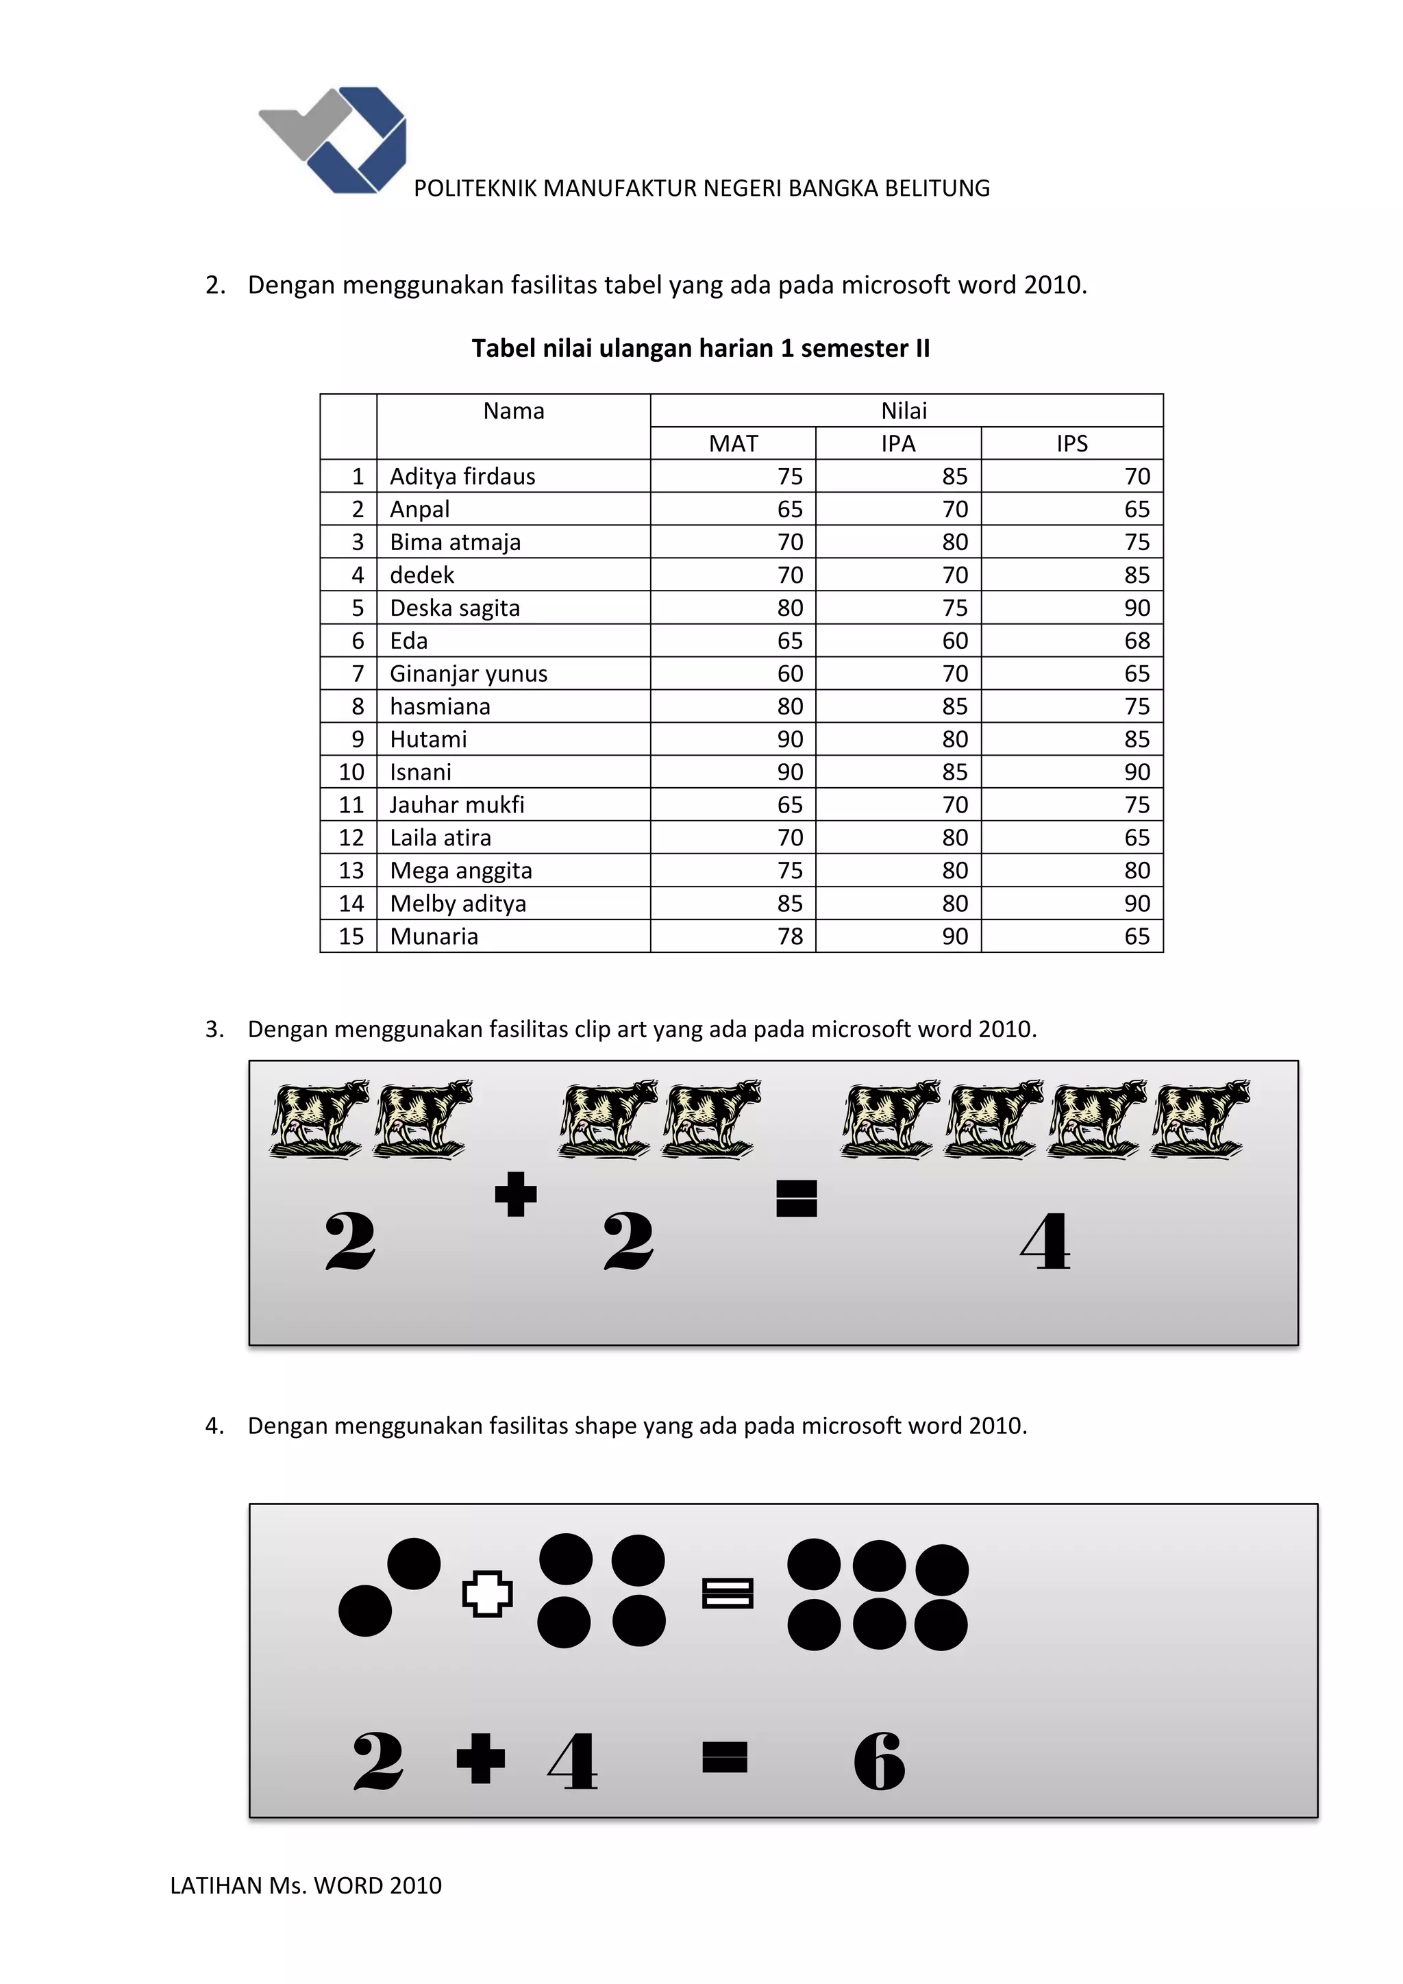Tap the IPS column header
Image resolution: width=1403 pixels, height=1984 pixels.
[1071, 443]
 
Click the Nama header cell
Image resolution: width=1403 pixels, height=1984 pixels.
[513, 411]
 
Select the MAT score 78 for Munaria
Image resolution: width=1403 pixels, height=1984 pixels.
[790, 936]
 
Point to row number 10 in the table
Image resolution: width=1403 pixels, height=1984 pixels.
[351, 771]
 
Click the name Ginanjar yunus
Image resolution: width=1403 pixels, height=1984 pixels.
[469, 673]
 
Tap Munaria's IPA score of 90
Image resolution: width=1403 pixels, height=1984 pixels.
[954, 936]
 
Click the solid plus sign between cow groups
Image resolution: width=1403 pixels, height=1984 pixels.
[516, 1194]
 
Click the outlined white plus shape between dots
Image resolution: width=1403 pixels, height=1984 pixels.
[487, 1594]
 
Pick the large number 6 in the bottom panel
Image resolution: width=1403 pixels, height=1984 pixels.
[879, 1761]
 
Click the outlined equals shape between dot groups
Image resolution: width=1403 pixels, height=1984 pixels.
[728, 1594]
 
